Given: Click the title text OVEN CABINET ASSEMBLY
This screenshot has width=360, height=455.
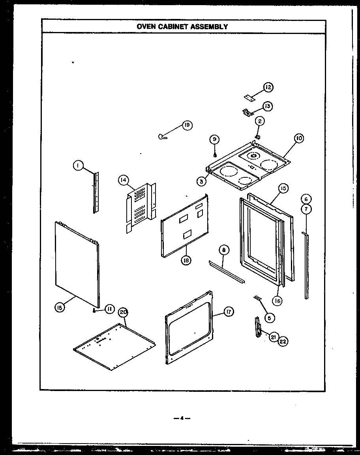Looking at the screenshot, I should [182, 27].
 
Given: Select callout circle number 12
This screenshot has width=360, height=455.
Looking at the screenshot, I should [268, 87].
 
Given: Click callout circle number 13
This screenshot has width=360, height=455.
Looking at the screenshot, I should [268, 106].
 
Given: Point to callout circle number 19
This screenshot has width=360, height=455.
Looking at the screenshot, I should [186, 125].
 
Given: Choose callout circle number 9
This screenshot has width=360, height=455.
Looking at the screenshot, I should [214, 139].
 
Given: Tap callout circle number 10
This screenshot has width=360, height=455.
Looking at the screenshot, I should [299, 138].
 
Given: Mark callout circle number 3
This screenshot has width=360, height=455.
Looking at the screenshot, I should [201, 181].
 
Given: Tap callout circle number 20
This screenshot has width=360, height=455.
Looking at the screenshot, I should [124, 312].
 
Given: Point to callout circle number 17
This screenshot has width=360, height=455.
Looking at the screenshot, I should [228, 312].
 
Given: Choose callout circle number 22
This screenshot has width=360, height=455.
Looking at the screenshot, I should [283, 341].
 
